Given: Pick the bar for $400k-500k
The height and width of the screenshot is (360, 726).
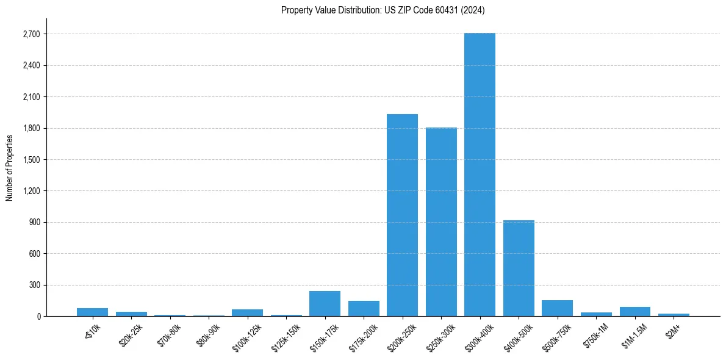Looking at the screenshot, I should [519, 268].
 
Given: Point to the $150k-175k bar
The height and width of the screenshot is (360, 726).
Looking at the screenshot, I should [325, 303].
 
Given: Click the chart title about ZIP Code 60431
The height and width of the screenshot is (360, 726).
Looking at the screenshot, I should [383, 10].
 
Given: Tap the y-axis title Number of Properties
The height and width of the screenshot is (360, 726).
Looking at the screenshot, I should [10, 168].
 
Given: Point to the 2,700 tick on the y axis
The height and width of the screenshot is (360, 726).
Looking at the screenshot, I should [31, 34].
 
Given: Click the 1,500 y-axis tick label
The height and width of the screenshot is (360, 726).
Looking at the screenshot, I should [31, 160].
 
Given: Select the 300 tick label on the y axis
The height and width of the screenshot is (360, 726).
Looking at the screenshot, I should [34, 285].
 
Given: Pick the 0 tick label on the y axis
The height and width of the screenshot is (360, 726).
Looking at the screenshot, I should [38, 317].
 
